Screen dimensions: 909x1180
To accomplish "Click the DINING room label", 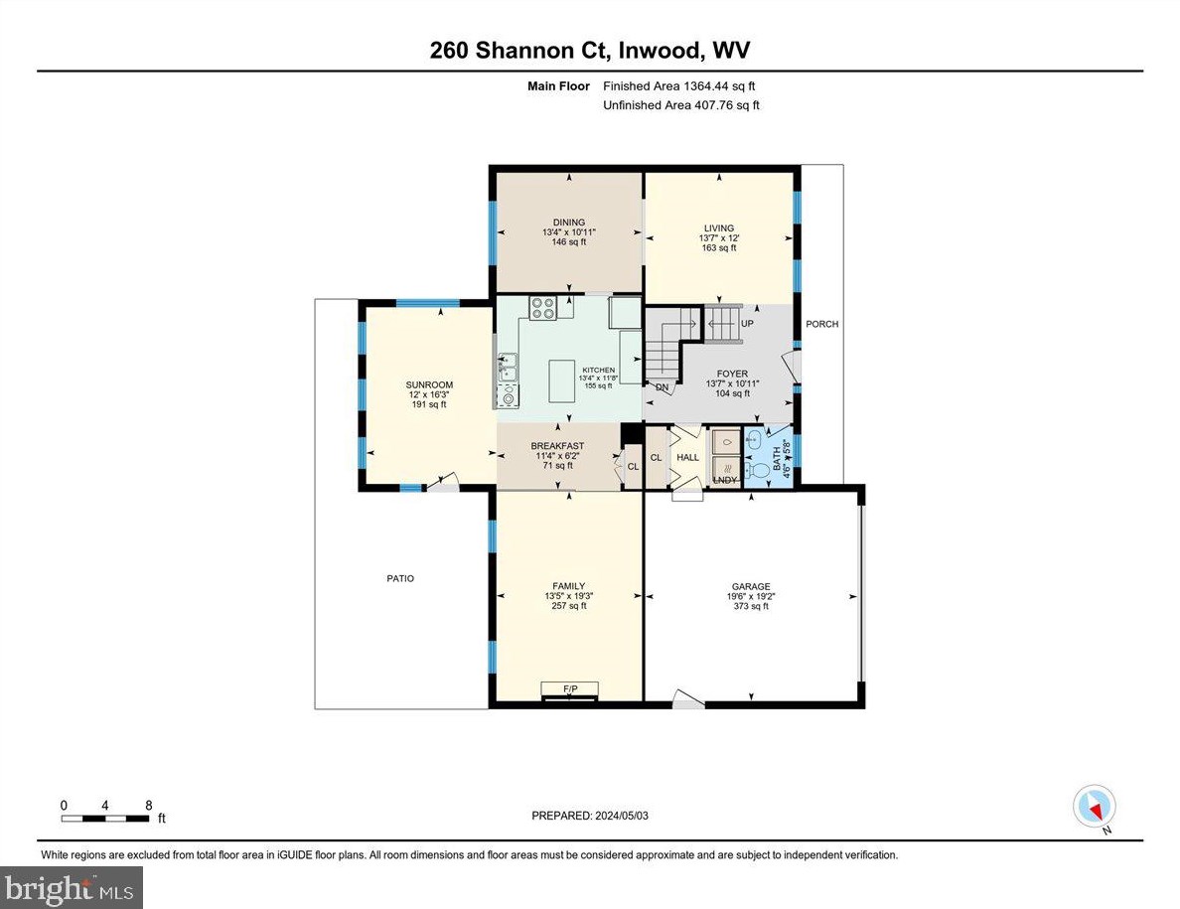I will [569, 223].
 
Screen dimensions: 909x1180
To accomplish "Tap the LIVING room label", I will [719, 227].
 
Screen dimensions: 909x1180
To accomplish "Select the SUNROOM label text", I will [429, 384].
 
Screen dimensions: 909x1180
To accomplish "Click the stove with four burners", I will [542, 308].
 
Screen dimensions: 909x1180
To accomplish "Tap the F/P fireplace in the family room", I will [570, 688].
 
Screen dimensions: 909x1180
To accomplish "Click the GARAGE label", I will [751, 586].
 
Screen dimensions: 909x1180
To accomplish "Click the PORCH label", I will [822, 324].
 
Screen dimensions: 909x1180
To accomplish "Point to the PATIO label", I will [401, 578].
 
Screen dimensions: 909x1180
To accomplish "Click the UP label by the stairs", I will [747, 323].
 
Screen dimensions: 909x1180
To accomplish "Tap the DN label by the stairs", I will [662, 386].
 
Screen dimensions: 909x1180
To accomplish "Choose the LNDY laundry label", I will [726, 481].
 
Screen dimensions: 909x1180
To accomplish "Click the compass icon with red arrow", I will [1095, 805].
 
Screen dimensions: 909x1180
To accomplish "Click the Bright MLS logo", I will [72, 887].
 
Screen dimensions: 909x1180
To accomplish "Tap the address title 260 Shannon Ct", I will [589, 51].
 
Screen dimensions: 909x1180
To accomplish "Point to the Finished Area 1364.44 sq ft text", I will [685, 86].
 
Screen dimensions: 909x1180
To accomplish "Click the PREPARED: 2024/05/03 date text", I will [590, 816].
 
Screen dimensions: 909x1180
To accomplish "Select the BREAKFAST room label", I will [557, 445].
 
